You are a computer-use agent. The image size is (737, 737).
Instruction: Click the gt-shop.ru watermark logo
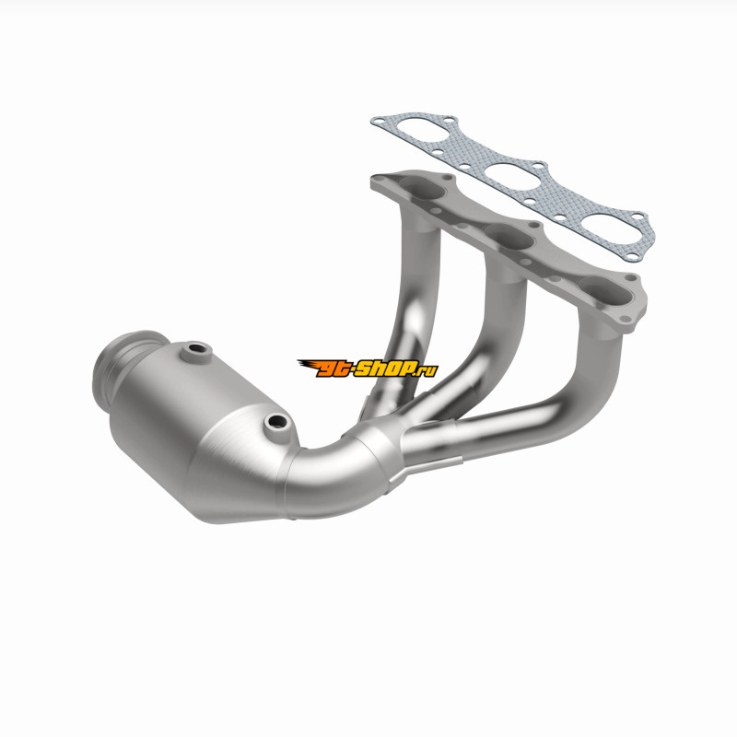pyautogui.click(x=368, y=368)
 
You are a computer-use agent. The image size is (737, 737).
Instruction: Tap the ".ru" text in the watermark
pyautogui.click(x=427, y=371)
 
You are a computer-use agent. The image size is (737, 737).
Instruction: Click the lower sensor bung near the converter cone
pyautogui.click(x=277, y=423)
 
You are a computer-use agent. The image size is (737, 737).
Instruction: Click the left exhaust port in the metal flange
pyautogui.click(x=421, y=191)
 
